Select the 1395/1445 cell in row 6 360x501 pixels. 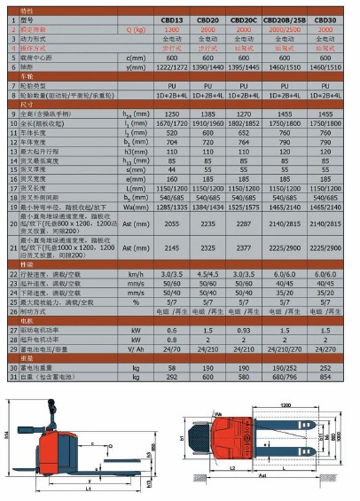point(246,67)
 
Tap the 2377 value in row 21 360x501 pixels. point(246,252)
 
